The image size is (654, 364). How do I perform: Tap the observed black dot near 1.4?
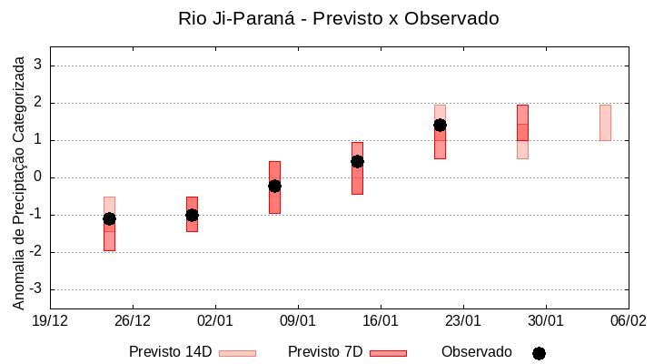440,125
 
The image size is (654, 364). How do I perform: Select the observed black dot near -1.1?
109,218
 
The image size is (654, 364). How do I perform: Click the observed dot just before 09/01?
274,186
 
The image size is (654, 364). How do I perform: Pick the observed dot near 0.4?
357,161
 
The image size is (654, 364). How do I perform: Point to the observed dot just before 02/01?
192,215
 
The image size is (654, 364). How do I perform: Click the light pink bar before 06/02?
605,123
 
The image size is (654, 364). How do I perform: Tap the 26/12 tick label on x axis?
133,320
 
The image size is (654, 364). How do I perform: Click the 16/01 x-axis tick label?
381,320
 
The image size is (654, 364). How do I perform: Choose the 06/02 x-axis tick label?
628,320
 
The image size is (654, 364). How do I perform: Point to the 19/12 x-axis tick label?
50,320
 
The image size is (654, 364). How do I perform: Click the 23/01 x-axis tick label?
463,320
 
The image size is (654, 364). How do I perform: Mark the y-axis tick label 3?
38,66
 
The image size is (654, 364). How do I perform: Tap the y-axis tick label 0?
38,177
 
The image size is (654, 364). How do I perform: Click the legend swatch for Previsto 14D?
237,353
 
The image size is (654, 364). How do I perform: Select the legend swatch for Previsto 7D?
388,353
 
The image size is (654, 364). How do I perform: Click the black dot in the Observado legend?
539,353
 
